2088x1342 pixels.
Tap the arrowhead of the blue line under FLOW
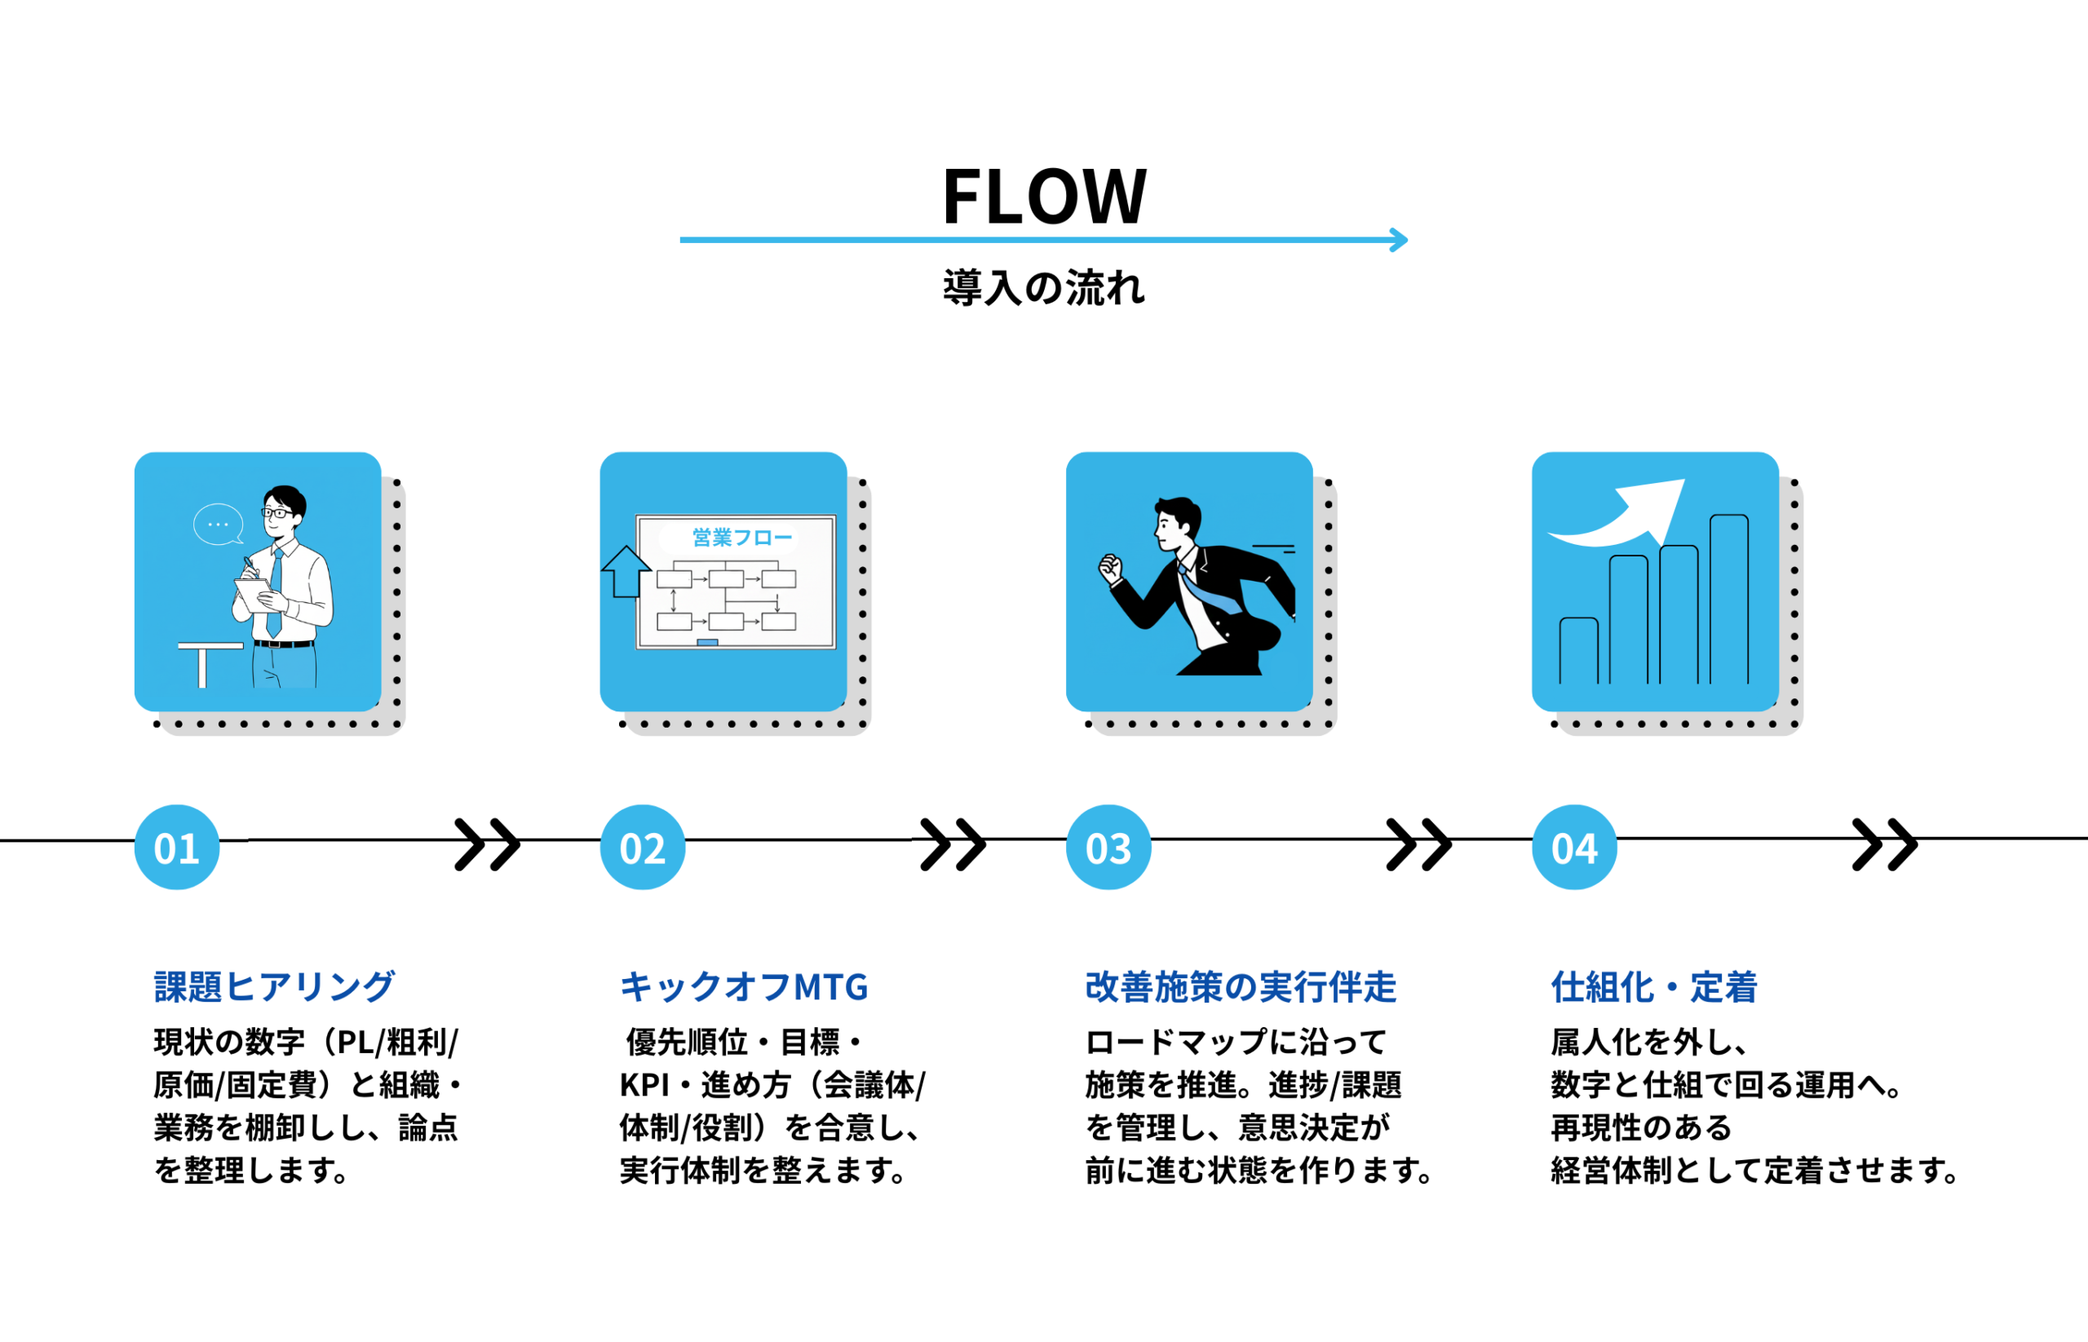(x=1399, y=240)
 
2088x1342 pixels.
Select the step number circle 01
(x=177, y=847)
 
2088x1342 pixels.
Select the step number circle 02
(x=643, y=847)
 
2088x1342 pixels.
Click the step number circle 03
(x=1108, y=847)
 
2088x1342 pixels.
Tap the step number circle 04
(x=1574, y=847)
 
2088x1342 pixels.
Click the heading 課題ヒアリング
(x=274, y=986)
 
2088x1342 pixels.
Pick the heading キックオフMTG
(x=744, y=986)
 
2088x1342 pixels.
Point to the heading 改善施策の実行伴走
(x=1241, y=986)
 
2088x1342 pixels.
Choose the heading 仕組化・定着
(x=1653, y=986)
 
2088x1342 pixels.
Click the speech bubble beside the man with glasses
(x=218, y=525)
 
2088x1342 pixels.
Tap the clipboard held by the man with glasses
(x=253, y=594)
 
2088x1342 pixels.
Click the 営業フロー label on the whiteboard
(x=742, y=538)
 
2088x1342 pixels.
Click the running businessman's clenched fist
(x=1110, y=568)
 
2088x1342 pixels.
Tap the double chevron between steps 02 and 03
(x=953, y=844)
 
